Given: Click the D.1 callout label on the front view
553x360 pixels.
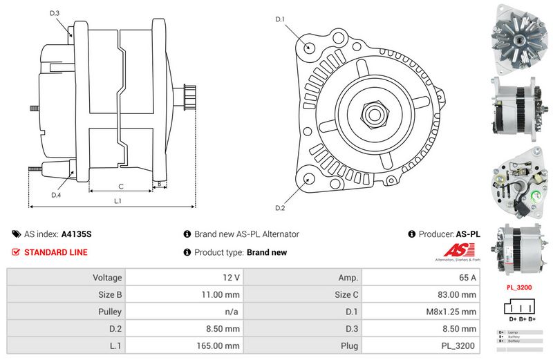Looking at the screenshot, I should coord(281,19).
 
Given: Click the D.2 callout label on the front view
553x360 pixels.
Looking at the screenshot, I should coord(280,207).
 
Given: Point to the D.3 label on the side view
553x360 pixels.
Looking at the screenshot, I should coord(55,13).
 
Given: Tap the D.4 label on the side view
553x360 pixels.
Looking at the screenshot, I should coord(56,196).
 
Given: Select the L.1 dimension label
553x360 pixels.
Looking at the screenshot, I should coord(118,201).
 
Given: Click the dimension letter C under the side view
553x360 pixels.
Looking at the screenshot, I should coord(120,186).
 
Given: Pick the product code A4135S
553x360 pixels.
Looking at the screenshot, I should coord(76,234).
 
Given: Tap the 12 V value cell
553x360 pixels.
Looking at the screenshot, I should coord(232,278).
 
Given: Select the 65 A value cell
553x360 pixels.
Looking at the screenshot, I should coord(468,278).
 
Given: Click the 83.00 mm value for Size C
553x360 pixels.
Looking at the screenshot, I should coord(459,294).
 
